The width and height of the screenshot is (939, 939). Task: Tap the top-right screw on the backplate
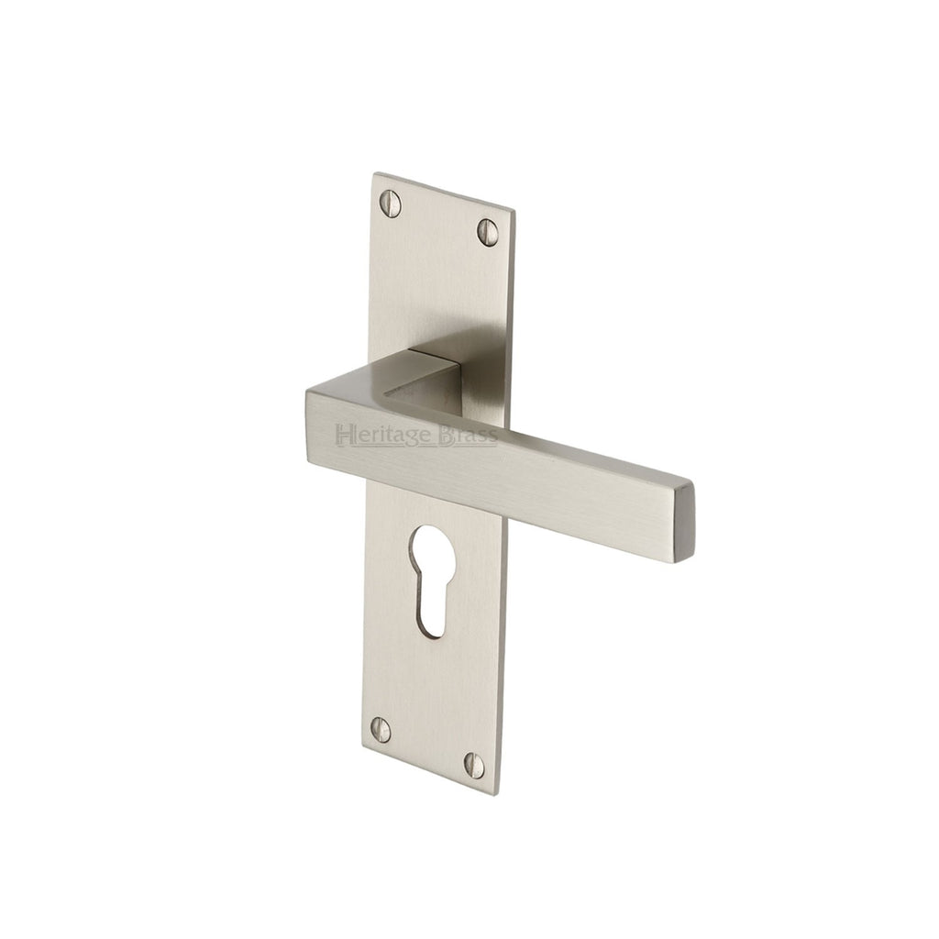click(488, 228)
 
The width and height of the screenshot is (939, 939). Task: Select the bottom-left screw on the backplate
click(380, 729)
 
